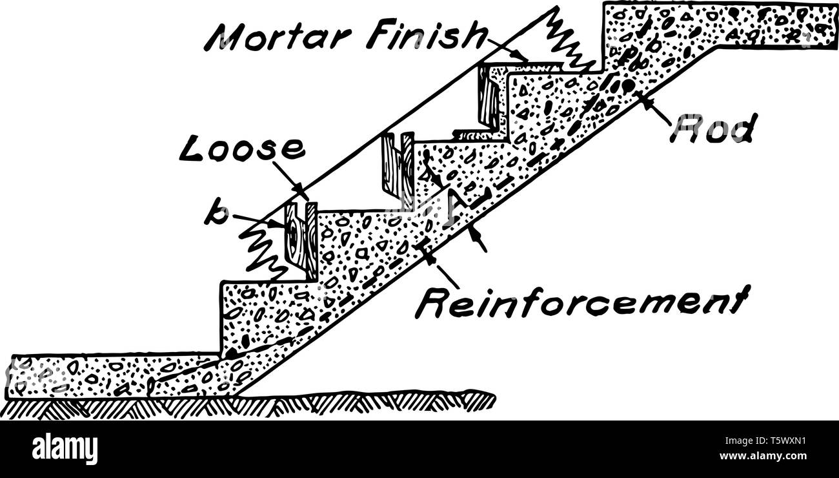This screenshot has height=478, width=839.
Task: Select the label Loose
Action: (243, 148)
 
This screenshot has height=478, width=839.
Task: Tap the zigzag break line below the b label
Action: (261, 249)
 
